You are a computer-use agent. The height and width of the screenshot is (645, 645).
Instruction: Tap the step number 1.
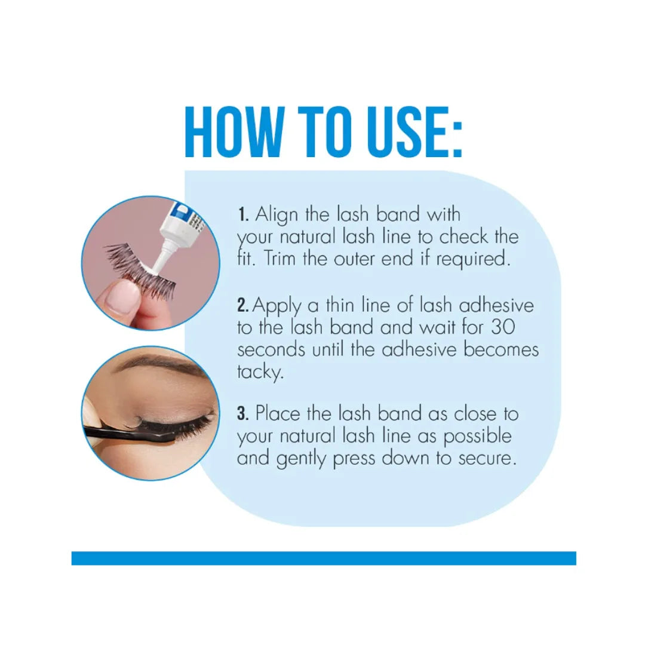[x=242, y=215]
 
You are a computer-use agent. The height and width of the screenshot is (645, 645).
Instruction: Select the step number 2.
[x=242, y=306]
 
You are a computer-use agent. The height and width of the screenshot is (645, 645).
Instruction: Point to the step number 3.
[x=242, y=413]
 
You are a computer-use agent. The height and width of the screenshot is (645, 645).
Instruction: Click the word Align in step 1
[x=277, y=215]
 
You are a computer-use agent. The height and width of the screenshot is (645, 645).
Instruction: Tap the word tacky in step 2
[x=259, y=372]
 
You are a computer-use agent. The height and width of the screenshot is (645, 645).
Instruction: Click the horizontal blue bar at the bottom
[x=323, y=558]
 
